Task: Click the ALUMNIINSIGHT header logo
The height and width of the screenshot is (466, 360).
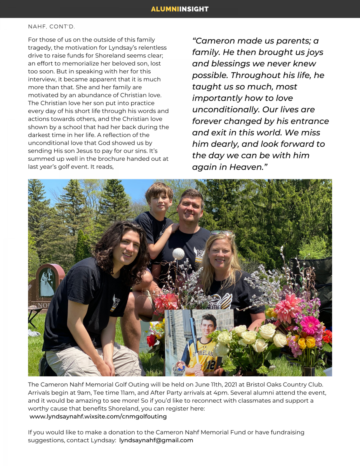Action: coord(180,9)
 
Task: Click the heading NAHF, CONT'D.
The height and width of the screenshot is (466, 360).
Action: coord(51,27)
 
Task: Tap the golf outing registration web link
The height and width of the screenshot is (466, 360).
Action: coord(98,416)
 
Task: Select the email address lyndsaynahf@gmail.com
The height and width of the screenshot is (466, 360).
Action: coord(156,440)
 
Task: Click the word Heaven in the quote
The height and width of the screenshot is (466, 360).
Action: coord(242,167)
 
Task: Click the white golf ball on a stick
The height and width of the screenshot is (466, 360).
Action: coord(178,254)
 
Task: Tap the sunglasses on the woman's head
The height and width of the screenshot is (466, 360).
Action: coord(223,233)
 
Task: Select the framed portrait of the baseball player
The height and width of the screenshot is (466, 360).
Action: coord(199,343)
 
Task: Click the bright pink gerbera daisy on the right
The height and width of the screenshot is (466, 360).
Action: coord(310,325)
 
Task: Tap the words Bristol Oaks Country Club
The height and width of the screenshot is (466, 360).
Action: coord(284,384)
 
